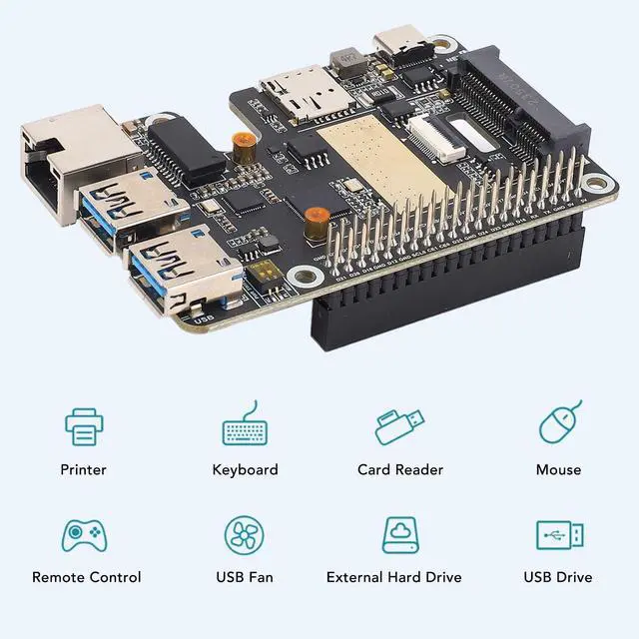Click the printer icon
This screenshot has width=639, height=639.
84,426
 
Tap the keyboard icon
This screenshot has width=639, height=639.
245,427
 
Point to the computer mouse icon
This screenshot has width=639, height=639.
558,423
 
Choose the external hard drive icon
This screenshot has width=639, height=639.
399,535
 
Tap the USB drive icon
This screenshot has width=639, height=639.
558,534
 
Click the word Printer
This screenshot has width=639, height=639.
83,469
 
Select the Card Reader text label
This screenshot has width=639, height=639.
400,469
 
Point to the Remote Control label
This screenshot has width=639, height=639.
87,577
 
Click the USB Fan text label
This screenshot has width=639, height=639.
245,577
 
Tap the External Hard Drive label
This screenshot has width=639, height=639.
394,577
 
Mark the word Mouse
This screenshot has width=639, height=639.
558,469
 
